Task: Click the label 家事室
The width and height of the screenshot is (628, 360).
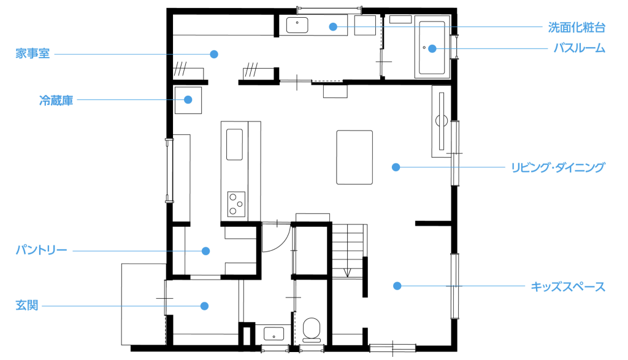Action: pyautogui.click(x=33, y=53)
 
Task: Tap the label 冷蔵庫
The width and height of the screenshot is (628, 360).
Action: pyautogui.click(x=56, y=100)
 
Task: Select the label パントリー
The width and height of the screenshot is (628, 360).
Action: pyautogui.click(x=41, y=250)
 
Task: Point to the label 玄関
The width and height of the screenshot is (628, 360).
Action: pyautogui.click(x=27, y=305)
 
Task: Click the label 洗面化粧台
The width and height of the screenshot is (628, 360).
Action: pyautogui.click(x=576, y=27)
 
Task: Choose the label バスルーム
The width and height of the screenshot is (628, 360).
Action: pyautogui.click(x=579, y=48)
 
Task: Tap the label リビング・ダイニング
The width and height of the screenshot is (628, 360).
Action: pyautogui.click(x=558, y=167)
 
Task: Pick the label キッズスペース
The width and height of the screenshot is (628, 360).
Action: pyautogui.click(x=568, y=287)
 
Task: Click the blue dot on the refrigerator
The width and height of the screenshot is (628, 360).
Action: pyautogui.click(x=188, y=100)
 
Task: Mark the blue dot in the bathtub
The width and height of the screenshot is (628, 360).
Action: pyautogui.click(x=432, y=48)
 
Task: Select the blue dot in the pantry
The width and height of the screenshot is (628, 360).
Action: pyautogui.click(x=205, y=251)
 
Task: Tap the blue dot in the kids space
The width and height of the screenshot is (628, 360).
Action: pyautogui.click(x=397, y=286)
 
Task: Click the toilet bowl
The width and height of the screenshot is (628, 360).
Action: pyautogui.click(x=312, y=329)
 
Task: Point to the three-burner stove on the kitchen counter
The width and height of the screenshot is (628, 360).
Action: pyautogui.click(x=236, y=204)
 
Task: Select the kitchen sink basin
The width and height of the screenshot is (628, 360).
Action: pyautogui.click(x=234, y=144)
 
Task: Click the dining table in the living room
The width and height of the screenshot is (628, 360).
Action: pyautogui.click(x=354, y=157)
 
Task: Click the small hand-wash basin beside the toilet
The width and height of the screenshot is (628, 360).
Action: pyautogui.click(x=274, y=334)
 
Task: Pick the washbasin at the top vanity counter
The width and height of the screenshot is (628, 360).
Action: pyautogui.click(x=297, y=25)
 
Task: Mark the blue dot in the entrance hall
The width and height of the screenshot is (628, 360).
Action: pyautogui.click(x=204, y=306)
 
